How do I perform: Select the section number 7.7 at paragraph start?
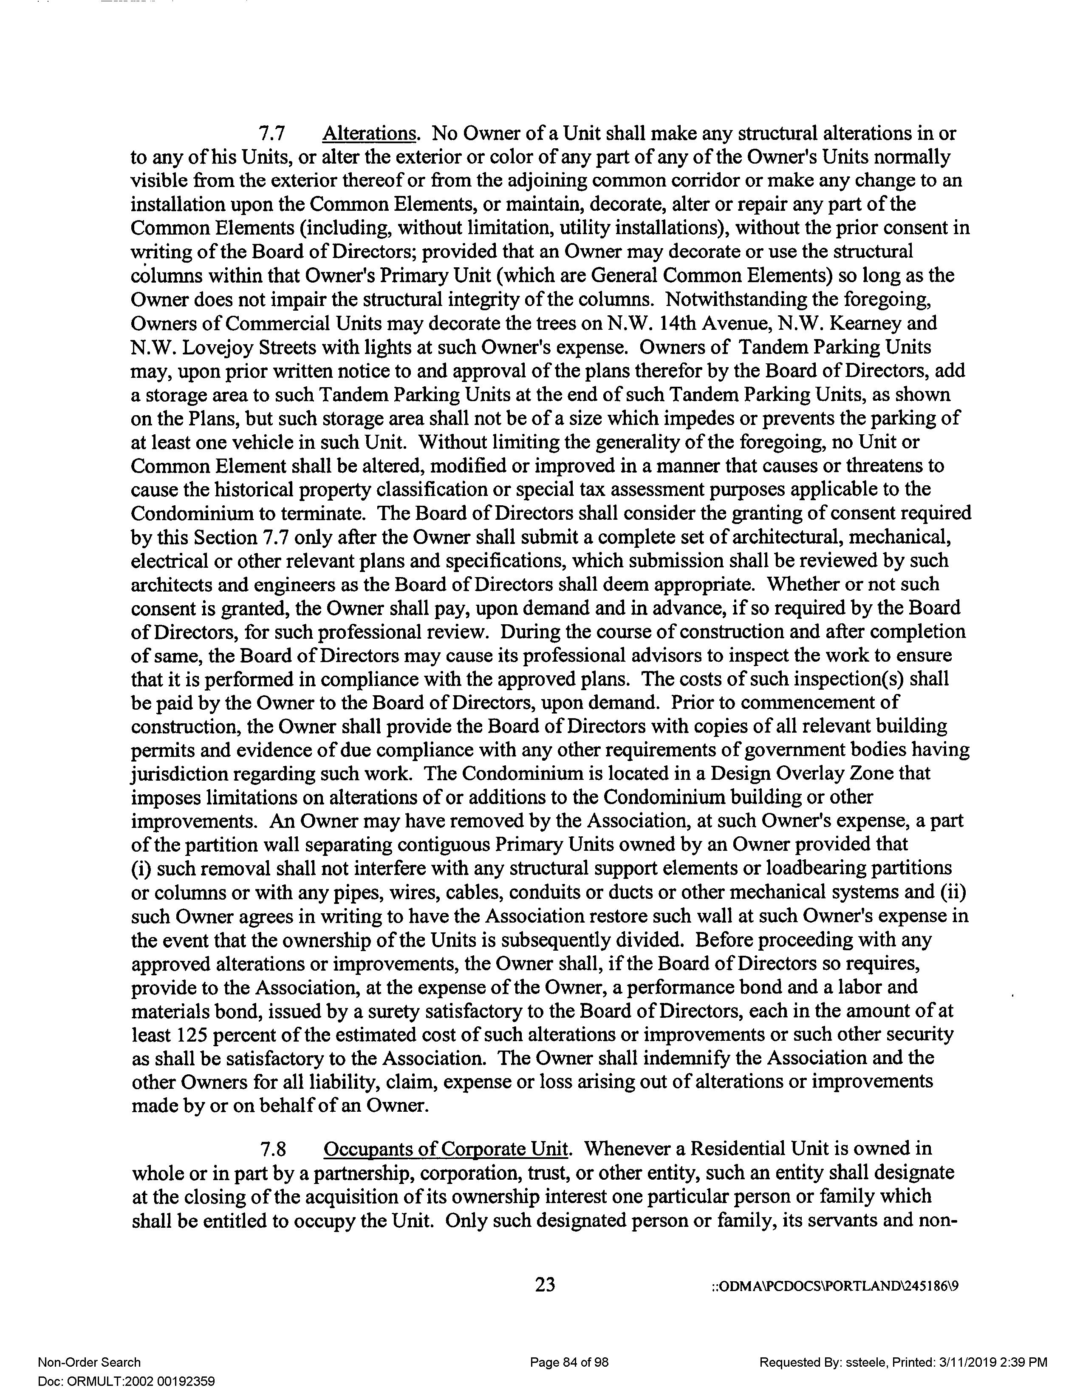coord(271,134)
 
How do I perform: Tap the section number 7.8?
coord(271,1149)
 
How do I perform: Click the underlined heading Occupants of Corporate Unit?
coord(446,1149)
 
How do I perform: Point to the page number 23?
coord(545,1284)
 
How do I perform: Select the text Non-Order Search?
coord(89,1362)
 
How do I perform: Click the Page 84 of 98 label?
coord(569,1362)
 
